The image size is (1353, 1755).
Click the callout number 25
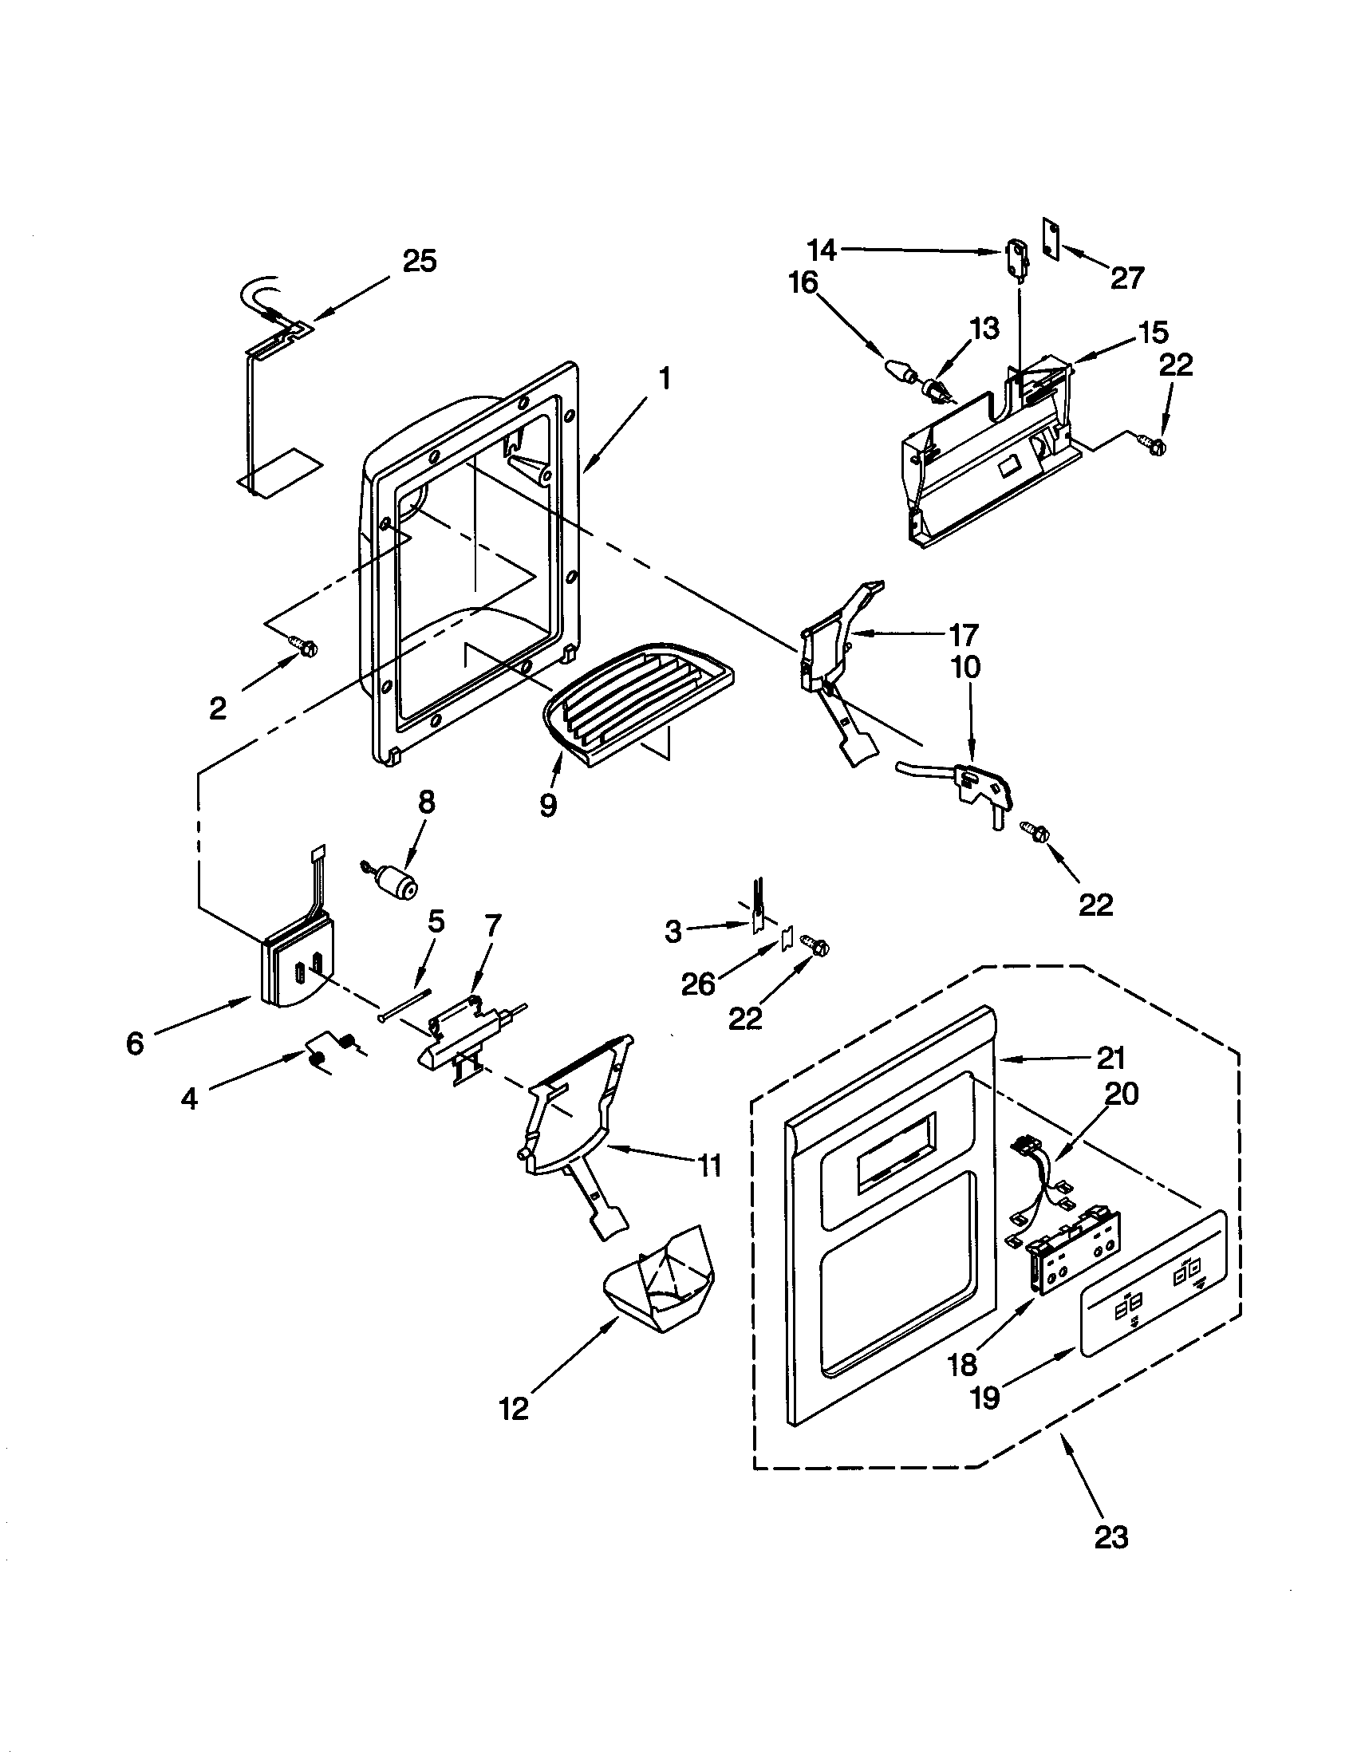[419, 262]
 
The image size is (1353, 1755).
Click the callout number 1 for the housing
[664, 378]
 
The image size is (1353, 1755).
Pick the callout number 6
[134, 1044]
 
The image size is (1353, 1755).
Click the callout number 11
[708, 1165]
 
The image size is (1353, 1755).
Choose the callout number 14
[822, 250]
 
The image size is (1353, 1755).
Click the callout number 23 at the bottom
[1111, 1537]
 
